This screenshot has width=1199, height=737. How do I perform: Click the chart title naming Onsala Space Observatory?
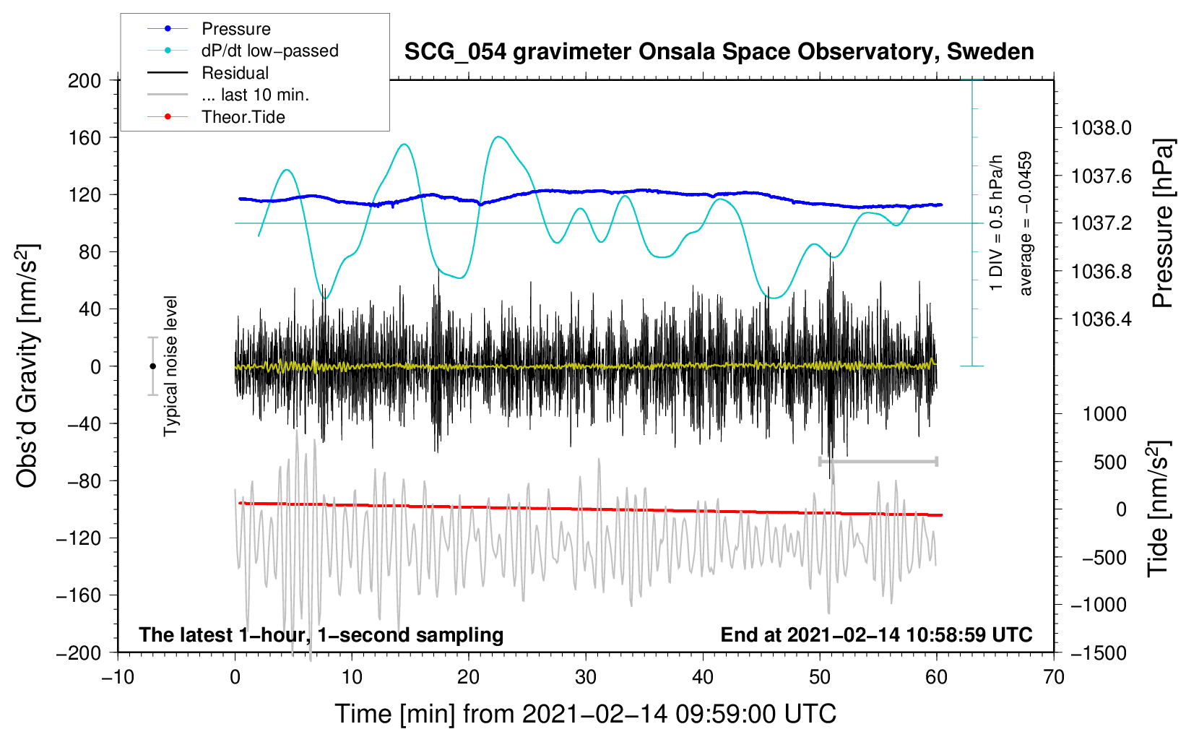click(719, 52)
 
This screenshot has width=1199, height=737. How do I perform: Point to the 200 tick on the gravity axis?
click(85, 81)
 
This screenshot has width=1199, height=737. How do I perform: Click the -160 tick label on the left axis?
click(79, 595)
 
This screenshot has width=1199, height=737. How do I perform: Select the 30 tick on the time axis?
click(586, 678)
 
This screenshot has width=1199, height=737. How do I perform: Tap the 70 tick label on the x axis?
click(1053, 678)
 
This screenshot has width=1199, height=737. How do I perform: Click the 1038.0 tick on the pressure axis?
click(1101, 128)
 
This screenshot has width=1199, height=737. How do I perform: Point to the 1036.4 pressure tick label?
click(1101, 319)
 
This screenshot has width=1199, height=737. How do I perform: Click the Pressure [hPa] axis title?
click(1163, 223)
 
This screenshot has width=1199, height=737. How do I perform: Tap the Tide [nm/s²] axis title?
click(1159, 509)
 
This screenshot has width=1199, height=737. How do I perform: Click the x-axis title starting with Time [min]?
click(586, 714)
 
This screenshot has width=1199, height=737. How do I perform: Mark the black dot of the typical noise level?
click(152, 366)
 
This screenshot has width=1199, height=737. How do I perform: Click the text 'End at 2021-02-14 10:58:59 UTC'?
click(876, 634)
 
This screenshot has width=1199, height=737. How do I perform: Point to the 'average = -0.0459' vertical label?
click(1025, 223)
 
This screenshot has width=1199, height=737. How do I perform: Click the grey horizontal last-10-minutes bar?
click(878, 461)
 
